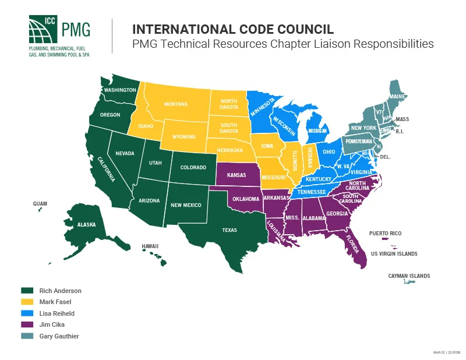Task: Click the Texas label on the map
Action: click(230, 230)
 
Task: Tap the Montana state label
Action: click(175, 104)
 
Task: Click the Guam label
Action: click(40, 204)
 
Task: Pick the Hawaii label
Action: click(150, 246)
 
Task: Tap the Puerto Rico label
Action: click(386, 233)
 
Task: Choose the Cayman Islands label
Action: click(409, 276)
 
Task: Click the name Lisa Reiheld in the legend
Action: click(57, 313)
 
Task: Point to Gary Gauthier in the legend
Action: click(59, 336)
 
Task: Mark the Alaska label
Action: click(87, 224)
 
